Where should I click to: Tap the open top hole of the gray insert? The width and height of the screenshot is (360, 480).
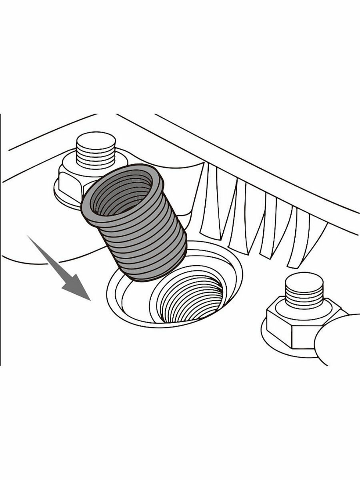point(122,194)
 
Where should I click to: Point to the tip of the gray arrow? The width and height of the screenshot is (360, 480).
point(90,300)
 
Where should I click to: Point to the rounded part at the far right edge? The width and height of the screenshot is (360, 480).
point(340,340)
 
